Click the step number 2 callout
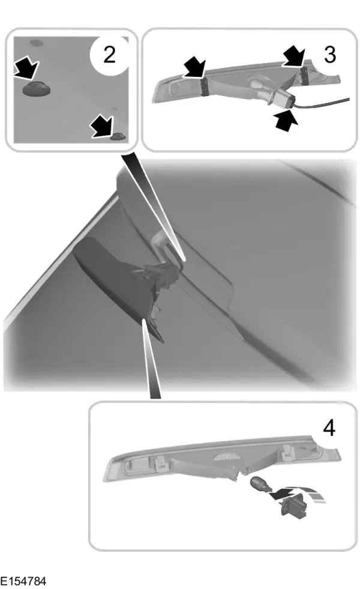pos(109,55)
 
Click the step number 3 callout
pos(329,55)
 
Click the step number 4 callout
pos(329,428)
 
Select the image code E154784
pos(23,581)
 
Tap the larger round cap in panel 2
pos(37,89)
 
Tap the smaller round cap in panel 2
pos(118,137)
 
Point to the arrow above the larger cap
pos(26,68)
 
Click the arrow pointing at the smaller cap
pos(102,126)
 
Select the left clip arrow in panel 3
pos(194,67)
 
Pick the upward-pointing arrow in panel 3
pos(286,120)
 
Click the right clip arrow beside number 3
pos(295,56)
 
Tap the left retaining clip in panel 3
pos(205,87)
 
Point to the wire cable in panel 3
pos(323,103)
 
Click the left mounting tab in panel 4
pos(160,463)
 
